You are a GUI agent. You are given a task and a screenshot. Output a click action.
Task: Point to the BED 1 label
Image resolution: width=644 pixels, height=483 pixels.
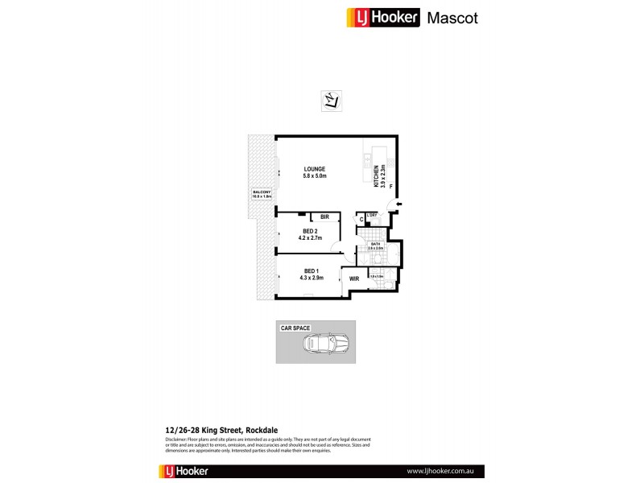click(x=313, y=270)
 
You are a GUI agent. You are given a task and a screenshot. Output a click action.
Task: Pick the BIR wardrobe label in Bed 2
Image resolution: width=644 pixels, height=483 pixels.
click(x=324, y=217)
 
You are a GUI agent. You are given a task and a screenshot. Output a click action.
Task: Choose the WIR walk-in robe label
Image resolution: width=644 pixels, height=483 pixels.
click(x=354, y=279)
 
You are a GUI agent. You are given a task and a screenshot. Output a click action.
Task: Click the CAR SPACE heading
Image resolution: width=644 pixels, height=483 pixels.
click(x=295, y=328)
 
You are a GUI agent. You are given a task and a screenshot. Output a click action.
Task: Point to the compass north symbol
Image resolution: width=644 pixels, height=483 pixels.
click(x=331, y=101)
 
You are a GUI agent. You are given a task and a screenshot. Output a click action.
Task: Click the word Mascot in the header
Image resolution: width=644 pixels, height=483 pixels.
click(x=452, y=18)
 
